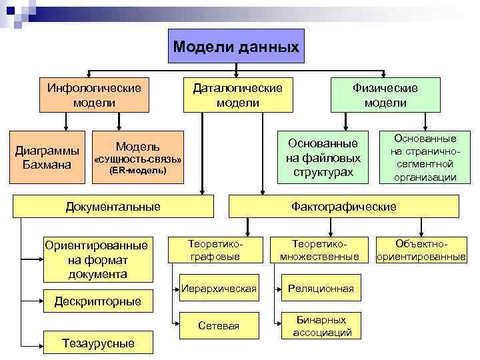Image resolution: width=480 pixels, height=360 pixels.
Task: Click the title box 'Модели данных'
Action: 236,46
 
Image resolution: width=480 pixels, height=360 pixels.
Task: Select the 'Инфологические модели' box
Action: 93,95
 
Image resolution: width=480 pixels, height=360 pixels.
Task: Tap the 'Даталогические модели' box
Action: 238,95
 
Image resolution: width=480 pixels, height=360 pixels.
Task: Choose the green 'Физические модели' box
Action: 385,95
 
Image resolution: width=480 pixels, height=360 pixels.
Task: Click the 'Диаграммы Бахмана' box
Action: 42,157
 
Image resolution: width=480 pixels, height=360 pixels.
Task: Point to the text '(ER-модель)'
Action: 137,171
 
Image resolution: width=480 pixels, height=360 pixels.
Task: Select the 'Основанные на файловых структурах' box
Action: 323,157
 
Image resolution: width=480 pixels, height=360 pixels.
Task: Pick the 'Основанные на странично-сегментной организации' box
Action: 425,157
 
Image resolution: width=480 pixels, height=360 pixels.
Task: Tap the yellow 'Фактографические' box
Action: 344,207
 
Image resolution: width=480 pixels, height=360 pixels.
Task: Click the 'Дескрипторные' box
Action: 97,301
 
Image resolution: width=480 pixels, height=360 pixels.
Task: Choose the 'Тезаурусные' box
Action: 97,343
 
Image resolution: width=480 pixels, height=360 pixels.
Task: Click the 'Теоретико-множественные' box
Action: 319,249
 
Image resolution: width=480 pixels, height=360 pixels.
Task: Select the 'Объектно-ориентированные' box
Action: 421,249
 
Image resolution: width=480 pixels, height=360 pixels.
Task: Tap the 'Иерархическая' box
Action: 218,289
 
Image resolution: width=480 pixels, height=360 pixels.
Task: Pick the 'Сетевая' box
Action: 218,325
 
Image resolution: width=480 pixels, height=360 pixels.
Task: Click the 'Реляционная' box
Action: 320,289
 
